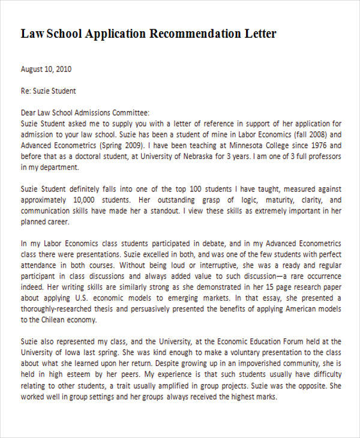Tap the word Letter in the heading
[x=257, y=34]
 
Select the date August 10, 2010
[x=46, y=69]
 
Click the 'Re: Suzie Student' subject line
[x=49, y=91]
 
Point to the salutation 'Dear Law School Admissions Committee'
[x=85, y=113]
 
